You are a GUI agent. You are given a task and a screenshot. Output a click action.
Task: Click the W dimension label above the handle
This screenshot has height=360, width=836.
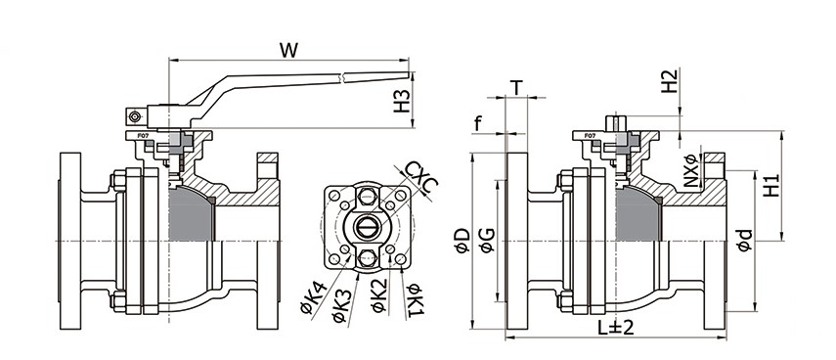pos(288,50)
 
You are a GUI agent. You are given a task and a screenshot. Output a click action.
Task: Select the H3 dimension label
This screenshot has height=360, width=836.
pos(402,101)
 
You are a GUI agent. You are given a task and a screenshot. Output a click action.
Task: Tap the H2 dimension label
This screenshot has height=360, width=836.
pos(669,81)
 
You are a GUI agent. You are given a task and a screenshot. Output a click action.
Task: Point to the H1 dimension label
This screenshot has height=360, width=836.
pos(770,186)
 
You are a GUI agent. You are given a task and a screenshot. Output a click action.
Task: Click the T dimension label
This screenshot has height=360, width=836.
pos(516,87)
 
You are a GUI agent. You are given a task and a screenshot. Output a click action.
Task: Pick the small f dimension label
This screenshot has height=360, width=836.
pos(478,125)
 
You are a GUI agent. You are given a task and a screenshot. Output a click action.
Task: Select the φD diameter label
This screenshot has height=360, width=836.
pos(462,241)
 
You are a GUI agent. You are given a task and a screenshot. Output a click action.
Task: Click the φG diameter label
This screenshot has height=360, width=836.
pos(486,241)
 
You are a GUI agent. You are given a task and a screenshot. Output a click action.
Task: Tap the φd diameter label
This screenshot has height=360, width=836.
pos(744,240)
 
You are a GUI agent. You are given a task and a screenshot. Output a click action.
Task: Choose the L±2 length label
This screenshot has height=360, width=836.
pos(615,327)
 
